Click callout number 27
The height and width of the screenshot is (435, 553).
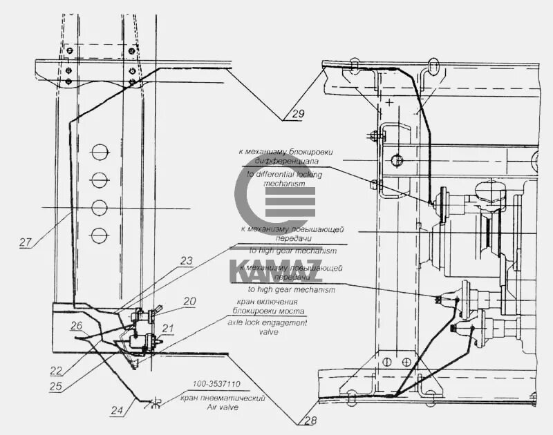click(x=26, y=242)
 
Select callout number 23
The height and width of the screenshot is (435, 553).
click(x=187, y=261)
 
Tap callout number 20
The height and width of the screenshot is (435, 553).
click(x=189, y=301)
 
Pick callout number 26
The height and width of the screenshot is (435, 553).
click(x=77, y=325)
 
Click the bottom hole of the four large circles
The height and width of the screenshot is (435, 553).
click(x=100, y=234)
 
